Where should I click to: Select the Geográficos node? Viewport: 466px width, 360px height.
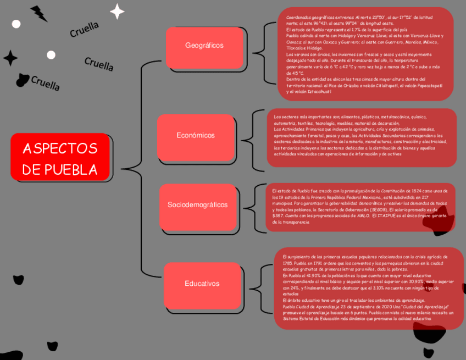[204, 46]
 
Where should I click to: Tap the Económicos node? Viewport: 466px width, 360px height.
[196, 136]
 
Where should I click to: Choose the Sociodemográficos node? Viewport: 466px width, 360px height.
[197, 205]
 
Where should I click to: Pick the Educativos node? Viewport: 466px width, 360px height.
[202, 284]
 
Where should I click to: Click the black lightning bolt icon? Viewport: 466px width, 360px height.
[39, 13]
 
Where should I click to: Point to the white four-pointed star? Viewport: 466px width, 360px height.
[117, 11]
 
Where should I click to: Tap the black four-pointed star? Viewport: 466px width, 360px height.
[10, 58]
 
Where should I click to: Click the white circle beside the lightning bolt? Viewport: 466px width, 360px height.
[16, 24]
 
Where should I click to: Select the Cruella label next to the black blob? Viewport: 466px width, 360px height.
[45, 84]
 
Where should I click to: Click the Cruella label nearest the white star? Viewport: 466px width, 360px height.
[84, 30]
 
